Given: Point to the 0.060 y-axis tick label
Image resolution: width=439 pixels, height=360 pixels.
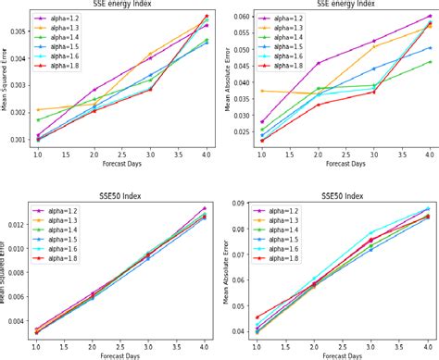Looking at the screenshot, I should (x=241, y=17).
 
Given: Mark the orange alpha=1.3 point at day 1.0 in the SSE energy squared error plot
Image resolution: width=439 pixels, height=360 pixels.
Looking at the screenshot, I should (x=38, y=109).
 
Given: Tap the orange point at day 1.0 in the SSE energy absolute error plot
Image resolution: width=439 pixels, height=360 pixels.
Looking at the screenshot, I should (x=263, y=91).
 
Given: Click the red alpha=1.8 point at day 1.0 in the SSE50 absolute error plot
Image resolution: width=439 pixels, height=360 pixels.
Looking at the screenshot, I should (x=263, y=317).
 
